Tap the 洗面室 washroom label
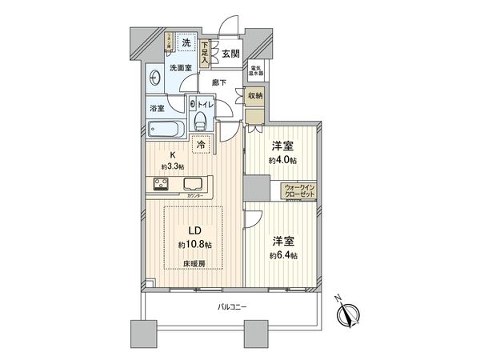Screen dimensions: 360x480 pos(179,68)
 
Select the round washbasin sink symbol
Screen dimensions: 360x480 pos(156,78)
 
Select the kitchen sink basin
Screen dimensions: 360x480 pos(193,183)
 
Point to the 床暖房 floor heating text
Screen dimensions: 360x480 pos(194,262)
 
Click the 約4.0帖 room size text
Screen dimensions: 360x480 pos(282,159)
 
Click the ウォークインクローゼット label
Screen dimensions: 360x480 pos(300,192)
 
